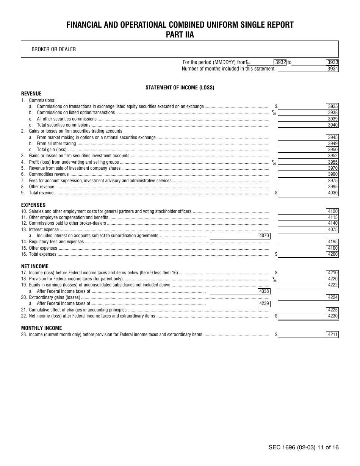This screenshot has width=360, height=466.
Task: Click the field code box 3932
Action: (x=280, y=63)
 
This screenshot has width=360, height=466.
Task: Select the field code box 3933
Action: (x=332, y=63)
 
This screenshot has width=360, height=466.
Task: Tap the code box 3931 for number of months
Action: (x=332, y=69)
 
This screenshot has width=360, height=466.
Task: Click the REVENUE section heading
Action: (x=31, y=94)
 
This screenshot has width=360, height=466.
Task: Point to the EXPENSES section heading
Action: (x=33, y=205)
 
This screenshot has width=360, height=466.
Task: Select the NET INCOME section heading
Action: (x=34, y=266)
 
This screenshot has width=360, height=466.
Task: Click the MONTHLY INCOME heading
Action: (x=41, y=328)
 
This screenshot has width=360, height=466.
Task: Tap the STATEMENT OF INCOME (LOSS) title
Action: (x=180, y=88)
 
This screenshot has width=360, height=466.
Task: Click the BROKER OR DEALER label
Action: (x=53, y=49)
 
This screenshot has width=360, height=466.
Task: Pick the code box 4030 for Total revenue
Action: (x=332, y=193)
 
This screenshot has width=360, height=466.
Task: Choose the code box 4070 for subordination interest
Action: (x=264, y=236)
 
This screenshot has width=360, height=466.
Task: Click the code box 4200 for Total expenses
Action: (x=332, y=254)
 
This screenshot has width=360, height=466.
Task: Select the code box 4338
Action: (x=264, y=291)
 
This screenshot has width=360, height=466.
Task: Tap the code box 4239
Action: (x=264, y=303)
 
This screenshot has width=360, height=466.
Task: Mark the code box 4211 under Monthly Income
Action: (x=332, y=335)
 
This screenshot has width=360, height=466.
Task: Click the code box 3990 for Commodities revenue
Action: (x=332, y=174)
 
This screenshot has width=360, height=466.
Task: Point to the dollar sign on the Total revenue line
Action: (x=276, y=193)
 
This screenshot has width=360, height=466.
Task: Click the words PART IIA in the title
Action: (x=180, y=35)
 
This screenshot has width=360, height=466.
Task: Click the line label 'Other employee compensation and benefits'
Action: (x=69, y=217)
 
